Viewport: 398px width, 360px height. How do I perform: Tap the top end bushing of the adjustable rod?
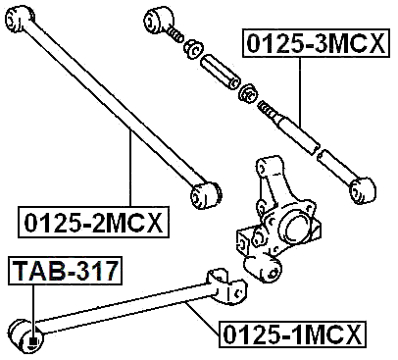159,20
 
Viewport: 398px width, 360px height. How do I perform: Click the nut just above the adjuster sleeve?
194,46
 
